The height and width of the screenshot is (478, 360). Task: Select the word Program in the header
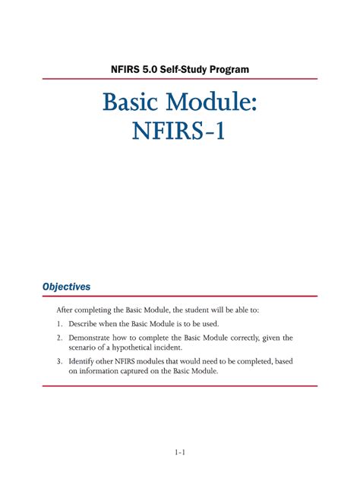(229, 70)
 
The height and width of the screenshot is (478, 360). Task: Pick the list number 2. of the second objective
(58, 338)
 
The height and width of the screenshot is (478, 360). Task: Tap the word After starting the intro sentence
(65, 310)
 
